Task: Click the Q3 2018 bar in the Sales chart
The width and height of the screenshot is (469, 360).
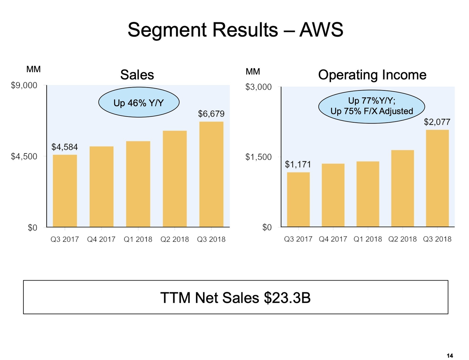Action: (211, 174)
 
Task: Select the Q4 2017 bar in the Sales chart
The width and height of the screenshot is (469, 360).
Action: (101, 187)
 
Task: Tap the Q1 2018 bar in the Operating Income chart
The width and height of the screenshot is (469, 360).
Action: (368, 194)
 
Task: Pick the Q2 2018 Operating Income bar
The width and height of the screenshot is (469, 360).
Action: (402, 189)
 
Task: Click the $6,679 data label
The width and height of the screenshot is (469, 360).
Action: (211, 114)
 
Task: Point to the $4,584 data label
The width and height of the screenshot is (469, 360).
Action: (64, 147)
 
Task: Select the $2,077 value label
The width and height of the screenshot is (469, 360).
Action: (437, 122)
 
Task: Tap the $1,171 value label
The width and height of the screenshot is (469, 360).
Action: (298, 164)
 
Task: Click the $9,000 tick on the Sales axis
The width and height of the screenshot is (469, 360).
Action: (24, 86)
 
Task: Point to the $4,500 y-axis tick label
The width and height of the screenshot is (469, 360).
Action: (24, 157)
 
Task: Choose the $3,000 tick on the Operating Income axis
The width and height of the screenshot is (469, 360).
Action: (259, 87)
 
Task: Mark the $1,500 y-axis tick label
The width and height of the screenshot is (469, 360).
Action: (259, 157)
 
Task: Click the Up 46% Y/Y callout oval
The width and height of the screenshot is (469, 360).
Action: (139, 103)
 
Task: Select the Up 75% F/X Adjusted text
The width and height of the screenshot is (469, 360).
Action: (372, 111)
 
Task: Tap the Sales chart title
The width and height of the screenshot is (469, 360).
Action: (137, 75)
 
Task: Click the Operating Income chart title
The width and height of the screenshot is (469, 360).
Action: (372, 75)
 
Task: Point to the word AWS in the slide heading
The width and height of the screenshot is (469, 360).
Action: (321, 30)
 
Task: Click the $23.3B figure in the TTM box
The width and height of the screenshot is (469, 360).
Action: (287, 298)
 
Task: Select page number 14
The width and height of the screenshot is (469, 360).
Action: (450, 356)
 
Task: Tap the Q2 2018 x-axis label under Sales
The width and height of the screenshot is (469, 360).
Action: (175, 240)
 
